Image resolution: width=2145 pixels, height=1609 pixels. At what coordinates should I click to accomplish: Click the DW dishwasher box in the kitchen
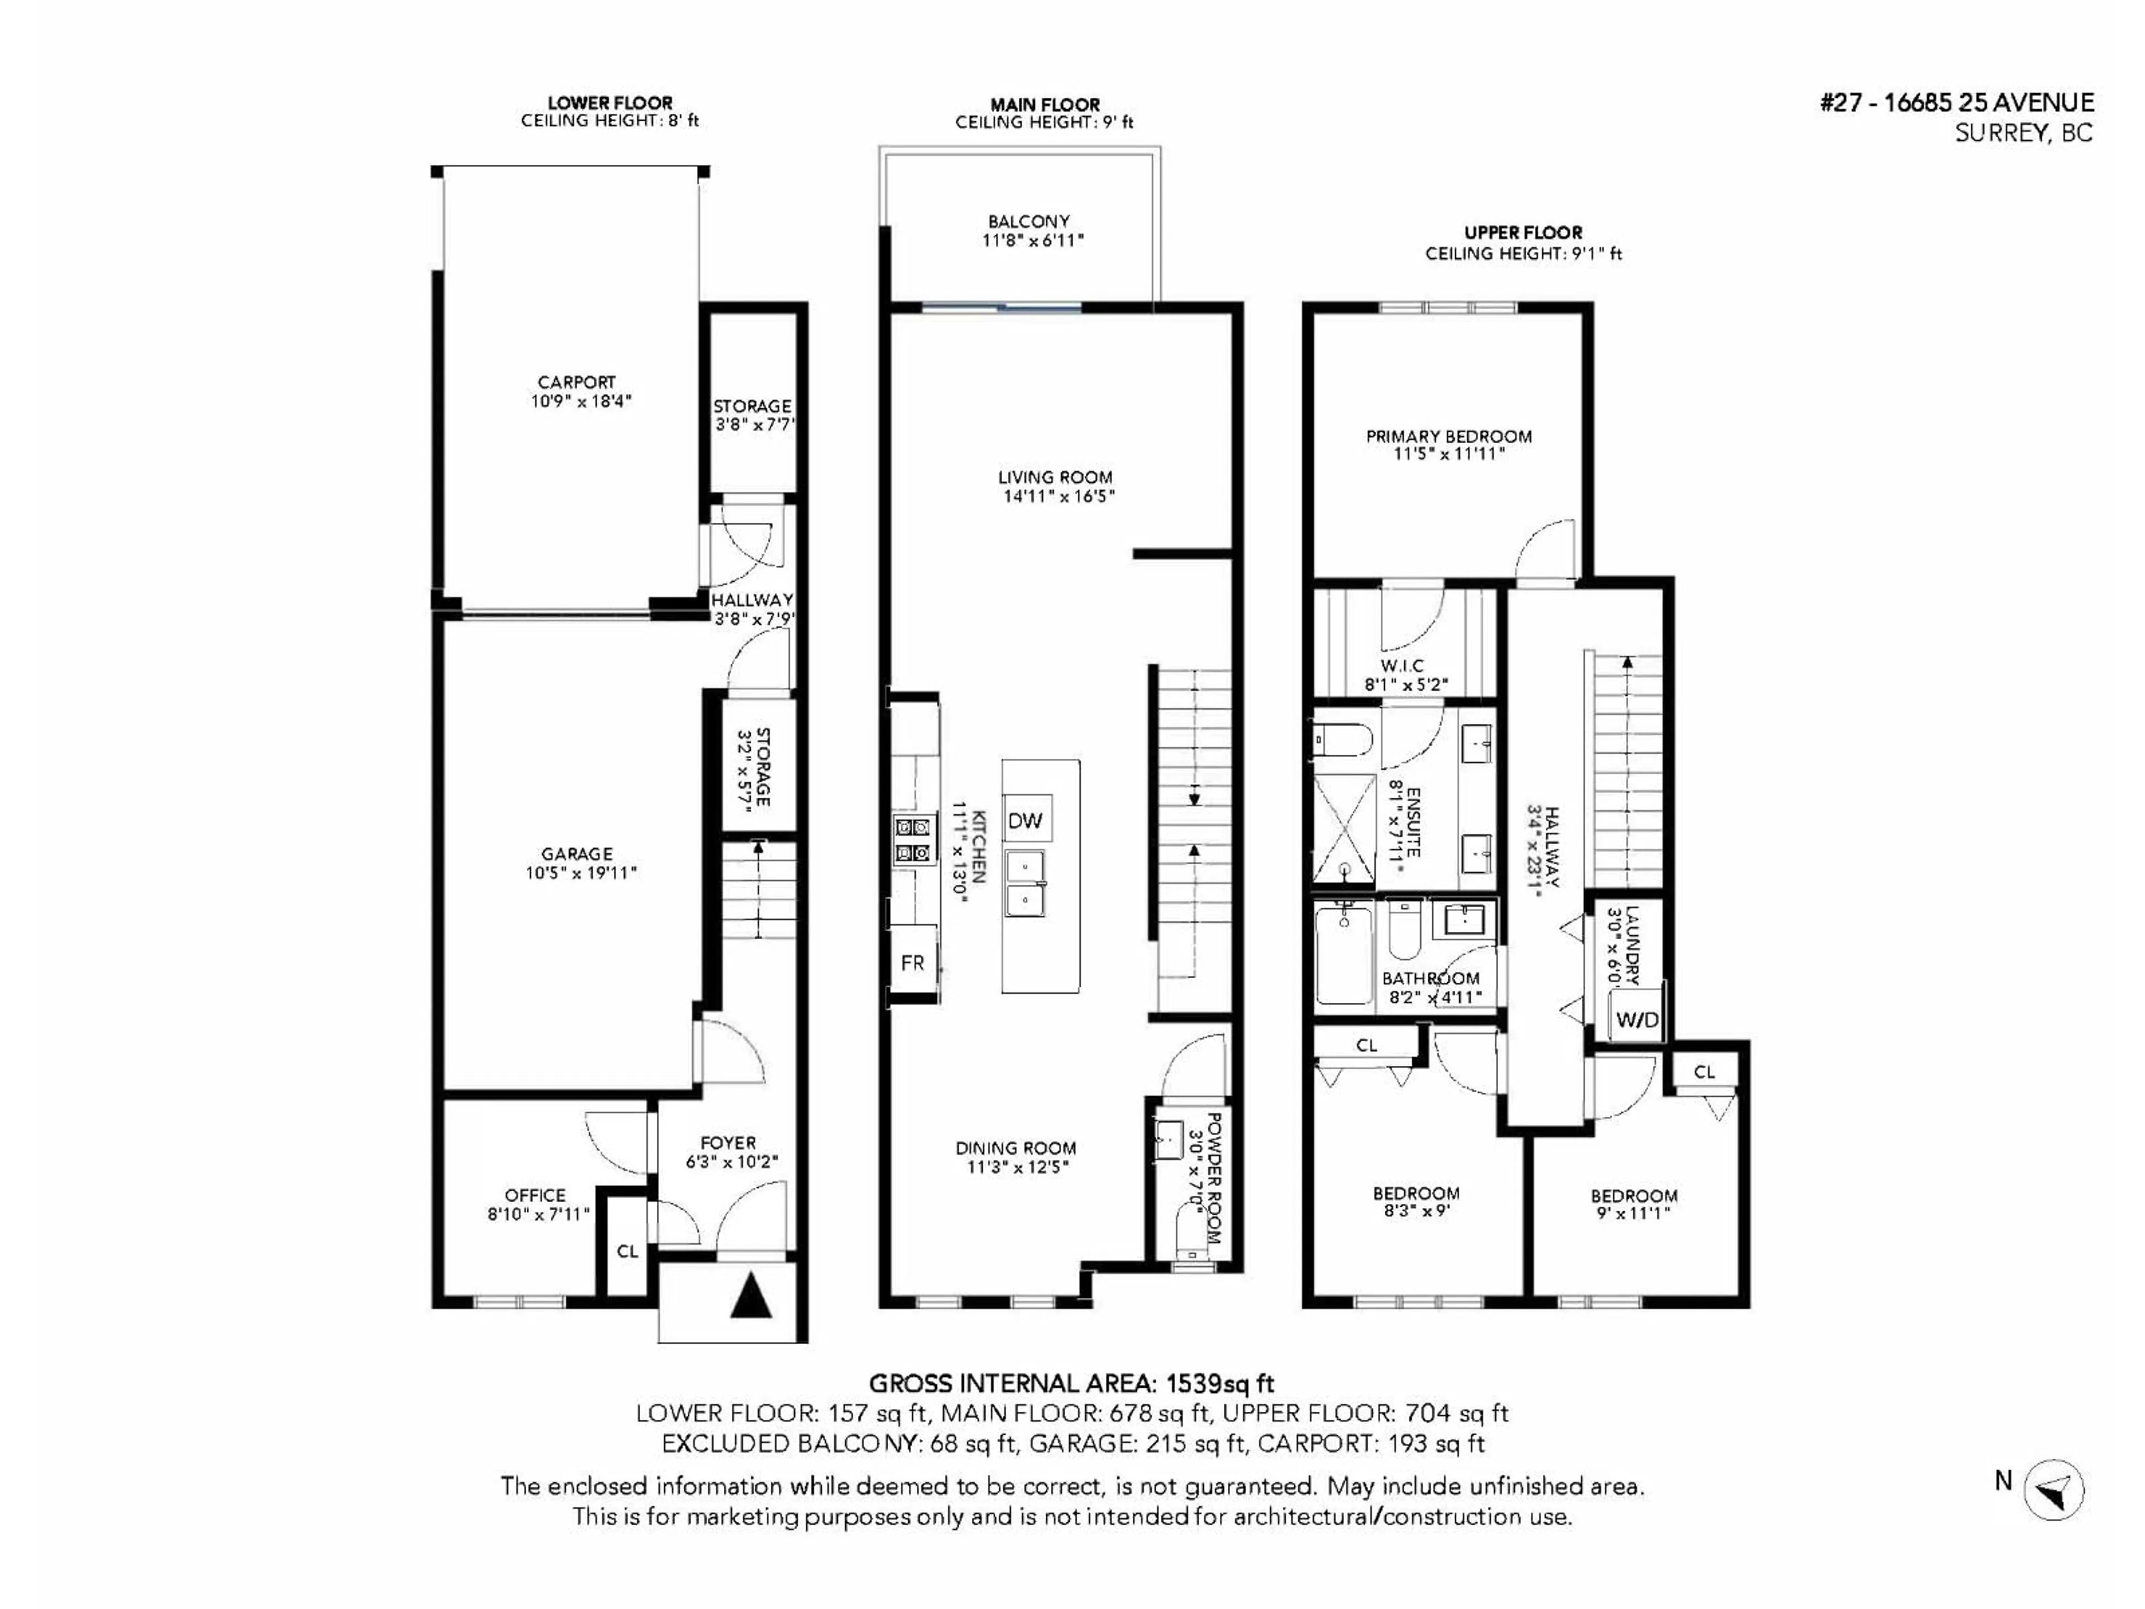[1026, 821]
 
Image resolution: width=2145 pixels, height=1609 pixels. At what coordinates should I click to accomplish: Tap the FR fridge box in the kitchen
[913, 963]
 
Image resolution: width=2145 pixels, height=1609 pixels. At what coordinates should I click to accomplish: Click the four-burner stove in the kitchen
[913, 840]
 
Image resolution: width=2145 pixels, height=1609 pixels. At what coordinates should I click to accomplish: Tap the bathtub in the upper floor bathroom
[1343, 955]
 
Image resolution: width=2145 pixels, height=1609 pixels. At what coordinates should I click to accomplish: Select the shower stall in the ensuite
[1344, 832]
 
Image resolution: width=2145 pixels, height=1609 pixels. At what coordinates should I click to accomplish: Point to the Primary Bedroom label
[1449, 436]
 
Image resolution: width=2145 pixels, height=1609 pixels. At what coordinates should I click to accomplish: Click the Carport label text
[577, 382]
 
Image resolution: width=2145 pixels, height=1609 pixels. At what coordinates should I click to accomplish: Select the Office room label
[535, 1195]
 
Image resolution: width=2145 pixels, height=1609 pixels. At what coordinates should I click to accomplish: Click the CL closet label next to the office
[627, 1251]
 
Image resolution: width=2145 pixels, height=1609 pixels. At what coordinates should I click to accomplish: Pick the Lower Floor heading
[610, 103]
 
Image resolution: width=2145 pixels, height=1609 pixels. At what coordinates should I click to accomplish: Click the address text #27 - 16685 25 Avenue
[1957, 103]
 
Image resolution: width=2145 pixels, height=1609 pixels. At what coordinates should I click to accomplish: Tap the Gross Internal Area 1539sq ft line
[1071, 1383]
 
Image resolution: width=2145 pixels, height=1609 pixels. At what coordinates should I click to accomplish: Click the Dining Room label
[1016, 1148]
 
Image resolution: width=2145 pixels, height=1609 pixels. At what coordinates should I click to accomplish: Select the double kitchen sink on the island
[1024, 883]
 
